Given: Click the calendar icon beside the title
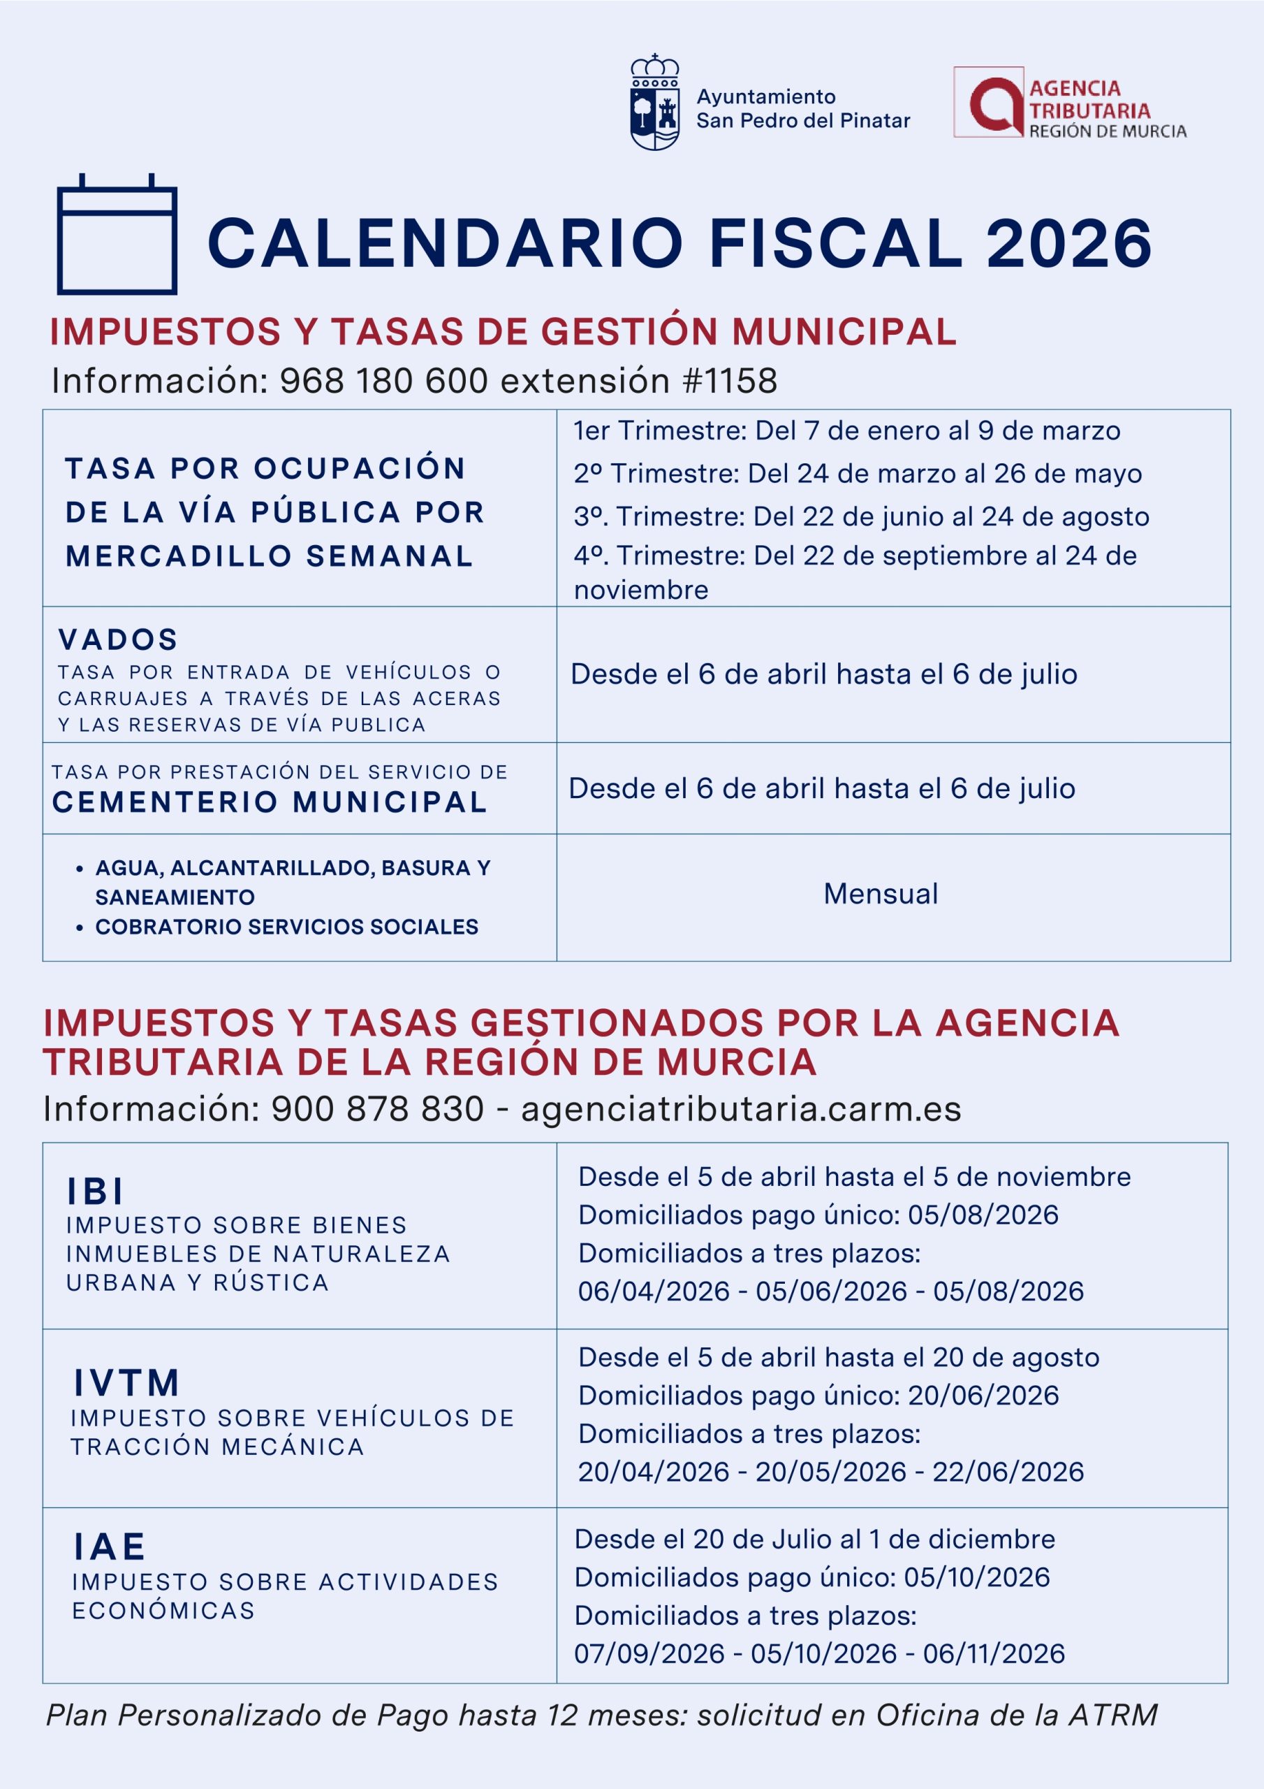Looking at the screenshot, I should (x=117, y=236).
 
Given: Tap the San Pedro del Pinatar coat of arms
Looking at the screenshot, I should (x=654, y=102).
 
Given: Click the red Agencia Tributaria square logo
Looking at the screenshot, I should (x=988, y=102).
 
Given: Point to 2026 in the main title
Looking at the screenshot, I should (x=1068, y=243).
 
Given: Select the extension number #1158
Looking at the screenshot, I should (x=729, y=381).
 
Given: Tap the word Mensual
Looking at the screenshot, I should (x=880, y=894).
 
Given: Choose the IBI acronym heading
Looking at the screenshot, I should (x=96, y=1191).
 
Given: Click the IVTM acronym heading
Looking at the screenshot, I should (x=127, y=1383).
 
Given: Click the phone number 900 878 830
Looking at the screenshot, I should (x=377, y=1109).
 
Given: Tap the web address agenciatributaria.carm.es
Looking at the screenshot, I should (x=741, y=1109).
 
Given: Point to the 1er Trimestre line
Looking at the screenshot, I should (x=846, y=431).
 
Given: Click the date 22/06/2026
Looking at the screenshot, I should (x=1008, y=1471).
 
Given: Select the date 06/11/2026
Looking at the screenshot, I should (x=994, y=1653).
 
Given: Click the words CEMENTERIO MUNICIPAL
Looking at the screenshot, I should (x=270, y=802).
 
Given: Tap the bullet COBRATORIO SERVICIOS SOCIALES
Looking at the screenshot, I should (x=286, y=927).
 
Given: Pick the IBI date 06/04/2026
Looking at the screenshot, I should (x=654, y=1291).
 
